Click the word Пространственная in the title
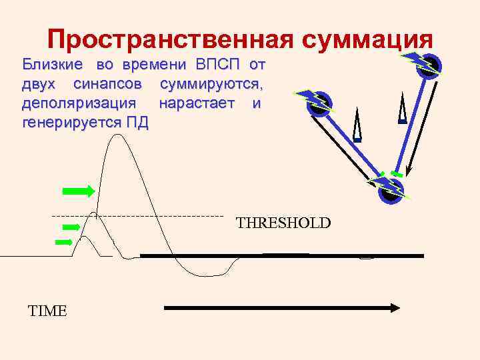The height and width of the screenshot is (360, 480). click(x=170, y=40)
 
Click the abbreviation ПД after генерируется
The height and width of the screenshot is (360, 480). click(x=137, y=123)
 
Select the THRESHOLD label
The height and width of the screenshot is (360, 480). click(x=283, y=223)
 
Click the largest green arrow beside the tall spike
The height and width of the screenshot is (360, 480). click(x=78, y=191)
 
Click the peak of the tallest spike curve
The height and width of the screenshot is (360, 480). click(x=119, y=135)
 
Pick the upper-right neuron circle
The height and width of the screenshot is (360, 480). click(x=429, y=65)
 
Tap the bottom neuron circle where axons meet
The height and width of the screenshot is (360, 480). click(x=389, y=191)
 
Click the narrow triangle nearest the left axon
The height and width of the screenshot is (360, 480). click(x=357, y=127)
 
